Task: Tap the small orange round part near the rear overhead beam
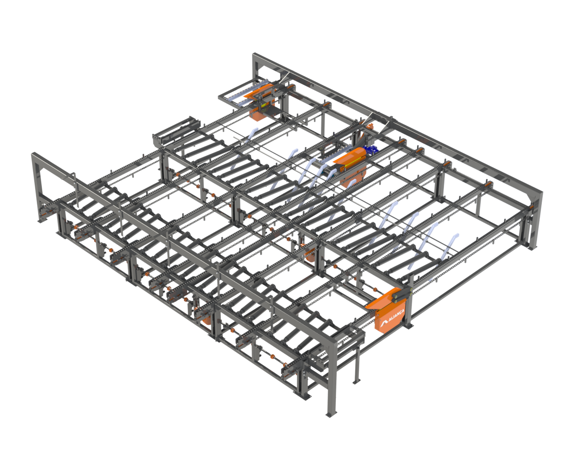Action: (370, 127)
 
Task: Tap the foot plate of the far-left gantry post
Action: (42, 221)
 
